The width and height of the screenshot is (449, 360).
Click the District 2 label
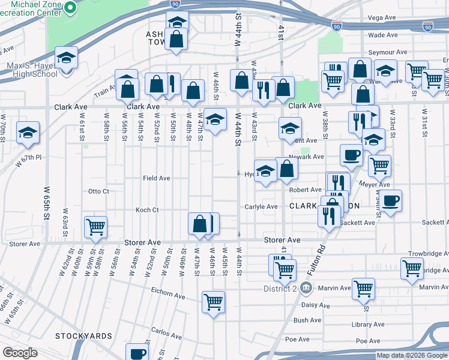tap(280, 287)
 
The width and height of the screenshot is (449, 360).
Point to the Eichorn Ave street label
tap(169, 295)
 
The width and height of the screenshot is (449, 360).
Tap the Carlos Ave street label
tap(166, 331)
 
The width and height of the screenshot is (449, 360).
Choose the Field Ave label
tap(156, 178)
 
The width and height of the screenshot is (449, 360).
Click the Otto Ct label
tap(98, 191)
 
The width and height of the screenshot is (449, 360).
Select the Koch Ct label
tap(146, 210)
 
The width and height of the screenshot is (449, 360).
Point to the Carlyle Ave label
tap(261, 206)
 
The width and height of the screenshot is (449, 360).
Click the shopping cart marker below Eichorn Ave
tap(213, 302)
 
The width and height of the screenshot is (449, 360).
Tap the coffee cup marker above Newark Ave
tap(351, 154)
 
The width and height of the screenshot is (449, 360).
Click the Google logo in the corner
tap(20, 353)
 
